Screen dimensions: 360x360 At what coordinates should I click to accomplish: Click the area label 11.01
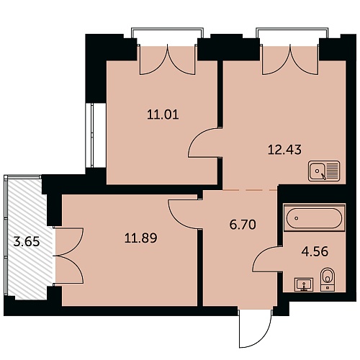(x=163, y=114)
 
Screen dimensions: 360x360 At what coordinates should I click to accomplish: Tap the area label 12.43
(x=284, y=150)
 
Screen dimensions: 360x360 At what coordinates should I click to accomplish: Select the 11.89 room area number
(x=141, y=238)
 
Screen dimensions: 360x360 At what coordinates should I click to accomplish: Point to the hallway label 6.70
(x=243, y=225)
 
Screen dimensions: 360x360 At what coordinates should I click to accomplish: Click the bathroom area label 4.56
(x=315, y=252)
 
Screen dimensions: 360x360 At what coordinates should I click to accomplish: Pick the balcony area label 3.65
(x=27, y=241)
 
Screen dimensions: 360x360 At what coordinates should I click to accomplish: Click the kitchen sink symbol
(x=324, y=171)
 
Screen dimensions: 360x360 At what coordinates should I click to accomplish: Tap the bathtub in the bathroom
(x=315, y=218)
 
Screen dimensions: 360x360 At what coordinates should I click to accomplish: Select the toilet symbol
(x=327, y=280)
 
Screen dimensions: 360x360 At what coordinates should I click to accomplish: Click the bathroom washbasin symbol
(x=304, y=284)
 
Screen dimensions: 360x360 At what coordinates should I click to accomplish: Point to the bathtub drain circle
(x=297, y=218)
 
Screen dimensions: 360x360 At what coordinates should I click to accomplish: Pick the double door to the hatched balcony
(x=68, y=256)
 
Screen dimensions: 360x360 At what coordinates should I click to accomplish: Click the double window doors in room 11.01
(x=167, y=60)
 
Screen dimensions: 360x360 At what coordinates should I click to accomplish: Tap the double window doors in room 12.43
(x=290, y=60)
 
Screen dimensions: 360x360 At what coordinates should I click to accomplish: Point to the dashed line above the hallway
(x=250, y=190)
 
